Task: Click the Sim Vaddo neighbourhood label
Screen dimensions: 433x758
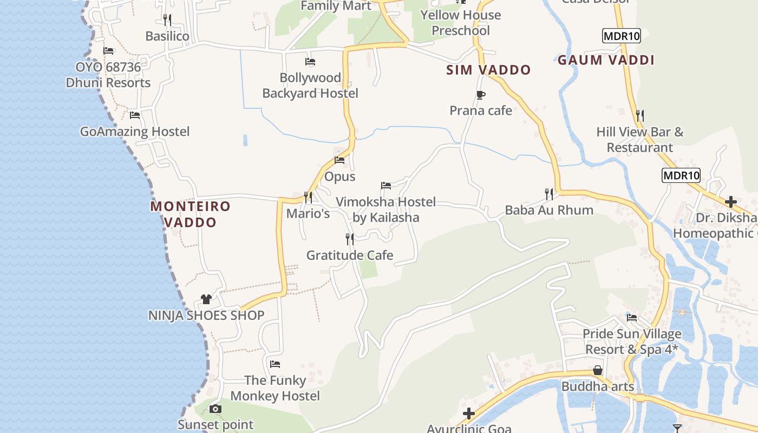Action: [x=488, y=70]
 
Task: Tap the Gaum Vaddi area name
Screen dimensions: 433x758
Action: [x=606, y=60]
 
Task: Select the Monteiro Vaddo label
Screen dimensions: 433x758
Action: [x=190, y=214]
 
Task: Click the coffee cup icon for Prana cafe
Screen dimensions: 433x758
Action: [x=480, y=95]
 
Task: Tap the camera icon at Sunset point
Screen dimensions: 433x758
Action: [x=215, y=409]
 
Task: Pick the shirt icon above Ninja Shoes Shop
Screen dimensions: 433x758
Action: [x=206, y=299]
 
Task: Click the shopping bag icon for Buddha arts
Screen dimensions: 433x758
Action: [x=598, y=370]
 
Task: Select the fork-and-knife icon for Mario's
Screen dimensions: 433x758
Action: [x=308, y=197]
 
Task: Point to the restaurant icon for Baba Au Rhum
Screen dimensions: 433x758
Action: [x=549, y=194]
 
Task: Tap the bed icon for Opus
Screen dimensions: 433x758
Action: [x=339, y=160]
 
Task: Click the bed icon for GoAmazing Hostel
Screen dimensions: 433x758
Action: [x=135, y=115]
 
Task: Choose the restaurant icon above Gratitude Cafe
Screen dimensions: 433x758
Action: [x=350, y=239]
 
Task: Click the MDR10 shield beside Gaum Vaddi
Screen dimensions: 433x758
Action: [x=621, y=36]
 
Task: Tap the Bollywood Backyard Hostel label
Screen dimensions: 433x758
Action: [x=310, y=86]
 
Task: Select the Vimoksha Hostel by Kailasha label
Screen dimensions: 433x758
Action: [x=385, y=209]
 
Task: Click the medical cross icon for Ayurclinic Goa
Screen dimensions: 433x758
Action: [x=469, y=414]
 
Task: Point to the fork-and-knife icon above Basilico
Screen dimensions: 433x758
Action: [x=167, y=20]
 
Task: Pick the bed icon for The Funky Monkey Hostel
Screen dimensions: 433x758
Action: [x=275, y=364]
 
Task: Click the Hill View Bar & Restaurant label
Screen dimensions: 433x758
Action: [x=639, y=140]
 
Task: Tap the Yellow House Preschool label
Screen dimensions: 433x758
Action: [x=461, y=23]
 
